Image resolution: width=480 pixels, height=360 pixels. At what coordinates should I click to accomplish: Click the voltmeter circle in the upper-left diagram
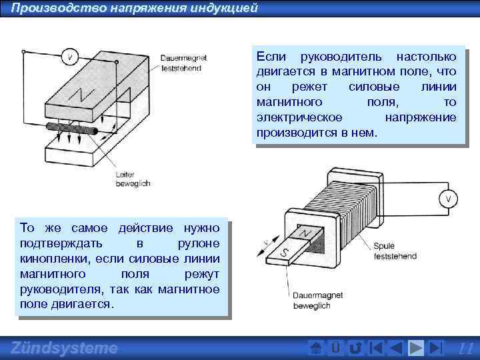tap(69, 56)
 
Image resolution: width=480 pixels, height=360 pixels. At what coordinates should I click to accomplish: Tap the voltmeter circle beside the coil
tap(449, 198)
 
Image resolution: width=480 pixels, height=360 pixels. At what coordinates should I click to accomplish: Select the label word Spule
tap(385, 246)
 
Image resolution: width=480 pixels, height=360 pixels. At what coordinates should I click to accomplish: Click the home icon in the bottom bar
tap(317, 348)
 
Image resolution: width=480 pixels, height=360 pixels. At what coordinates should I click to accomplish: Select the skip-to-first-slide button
tap(377, 348)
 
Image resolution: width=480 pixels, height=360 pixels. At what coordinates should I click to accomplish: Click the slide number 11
tap(466, 348)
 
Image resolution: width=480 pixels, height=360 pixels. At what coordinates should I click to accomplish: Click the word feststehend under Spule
tap(395, 255)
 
